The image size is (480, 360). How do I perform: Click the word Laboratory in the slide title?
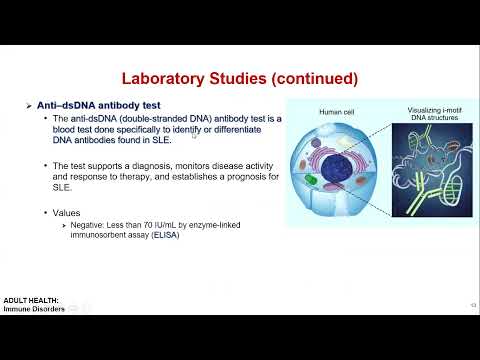[166, 78]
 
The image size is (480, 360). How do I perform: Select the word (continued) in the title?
[309, 78]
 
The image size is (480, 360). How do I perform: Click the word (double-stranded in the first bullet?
[141, 119]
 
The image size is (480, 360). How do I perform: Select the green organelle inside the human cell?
[312, 182]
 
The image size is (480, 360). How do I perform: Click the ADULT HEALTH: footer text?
[31, 299]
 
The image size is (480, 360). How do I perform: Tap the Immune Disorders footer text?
[34, 309]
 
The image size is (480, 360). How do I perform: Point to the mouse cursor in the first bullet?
[194, 134]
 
